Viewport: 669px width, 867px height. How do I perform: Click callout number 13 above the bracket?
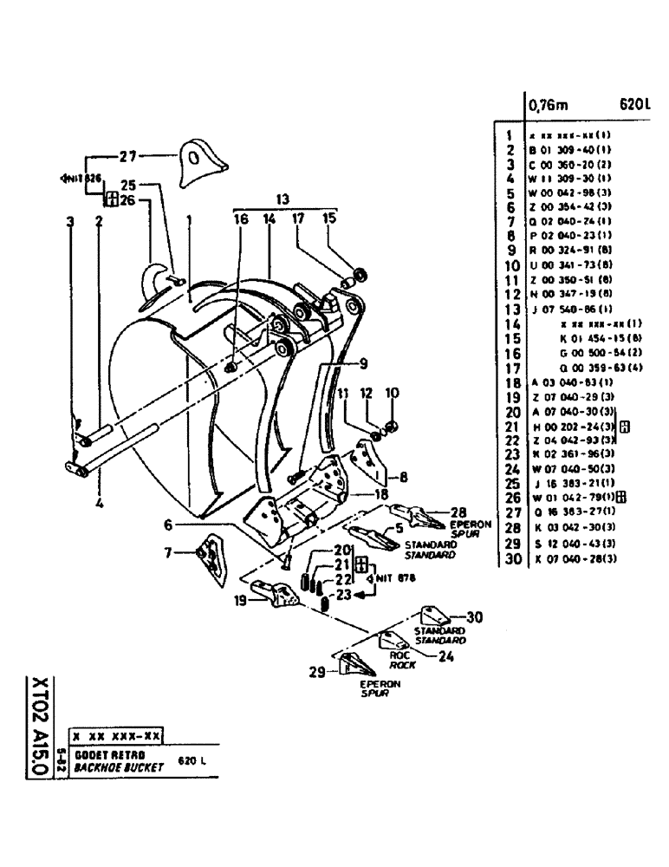point(282,197)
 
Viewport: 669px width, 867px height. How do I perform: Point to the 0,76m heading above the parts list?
point(548,107)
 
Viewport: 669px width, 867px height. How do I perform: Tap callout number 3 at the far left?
point(70,221)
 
